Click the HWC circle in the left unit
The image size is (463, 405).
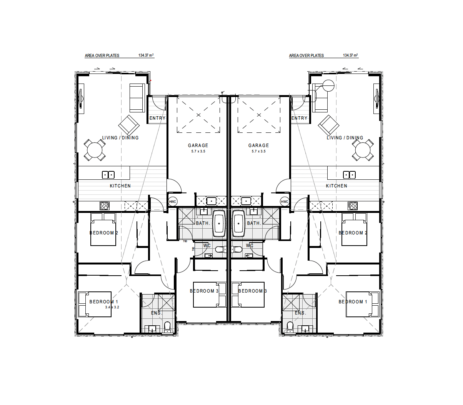[x=173, y=201]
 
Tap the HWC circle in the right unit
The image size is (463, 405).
[x=285, y=201]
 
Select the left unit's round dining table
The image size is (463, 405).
[x=95, y=150]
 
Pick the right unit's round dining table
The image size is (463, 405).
[x=363, y=150]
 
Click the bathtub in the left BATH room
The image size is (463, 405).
[x=219, y=224]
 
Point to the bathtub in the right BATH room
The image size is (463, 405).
[x=238, y=224]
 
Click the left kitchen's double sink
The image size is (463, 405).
[x=108, y=175]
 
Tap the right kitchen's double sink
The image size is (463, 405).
[x=349, y=175]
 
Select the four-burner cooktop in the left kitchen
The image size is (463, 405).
[x=105, y=206]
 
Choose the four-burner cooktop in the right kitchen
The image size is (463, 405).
[x=353, y=206]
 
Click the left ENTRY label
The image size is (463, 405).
[x=158, y=118]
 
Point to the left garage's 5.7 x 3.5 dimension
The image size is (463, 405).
[x=198, y=151]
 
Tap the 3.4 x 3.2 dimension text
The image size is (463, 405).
[x=112, y=307]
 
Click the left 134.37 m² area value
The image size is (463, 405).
[x=146, y=55]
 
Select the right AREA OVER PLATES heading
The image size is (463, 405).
[x=306, y=55]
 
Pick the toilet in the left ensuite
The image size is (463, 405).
[x=167, y=327]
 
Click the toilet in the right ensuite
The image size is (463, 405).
[x=290, y=327]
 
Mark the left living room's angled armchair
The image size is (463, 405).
[x=129, y=125]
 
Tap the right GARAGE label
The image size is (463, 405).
[x=259, y=146]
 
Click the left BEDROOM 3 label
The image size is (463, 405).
[x=204, y=291]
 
